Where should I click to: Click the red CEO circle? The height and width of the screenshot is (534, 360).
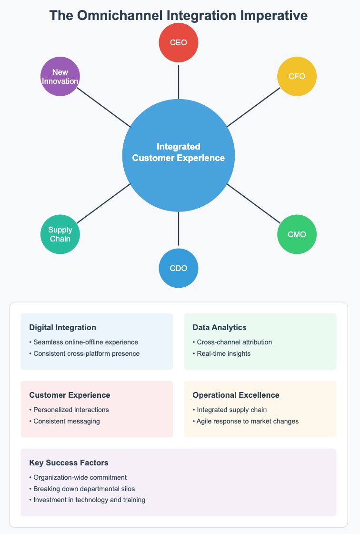pos(179,42)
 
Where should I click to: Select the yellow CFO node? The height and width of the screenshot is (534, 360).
pos(297,76)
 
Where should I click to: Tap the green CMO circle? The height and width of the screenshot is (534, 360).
pos(297,234)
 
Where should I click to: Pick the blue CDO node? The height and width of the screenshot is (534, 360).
pos(179,268)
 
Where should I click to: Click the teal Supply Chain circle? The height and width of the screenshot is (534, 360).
pos(60,234)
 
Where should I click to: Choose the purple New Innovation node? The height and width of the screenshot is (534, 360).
pos(60,76)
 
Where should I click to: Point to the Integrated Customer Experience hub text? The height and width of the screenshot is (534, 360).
pos(179,152)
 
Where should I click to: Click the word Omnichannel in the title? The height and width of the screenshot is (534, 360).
pos(125,16)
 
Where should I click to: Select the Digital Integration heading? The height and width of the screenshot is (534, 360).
pos(62,327)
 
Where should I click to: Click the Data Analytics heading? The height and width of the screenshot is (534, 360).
pos(220,327)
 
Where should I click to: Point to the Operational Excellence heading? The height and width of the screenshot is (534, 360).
pos(236,395)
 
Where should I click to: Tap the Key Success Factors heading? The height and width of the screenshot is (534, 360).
pos(69,463)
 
